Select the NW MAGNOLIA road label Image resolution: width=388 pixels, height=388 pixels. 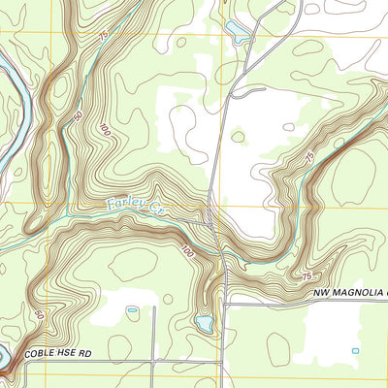pyautogui.click(x=349, y=292)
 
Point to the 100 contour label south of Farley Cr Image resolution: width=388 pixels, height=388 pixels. pyautogui.click(x=185, y=252)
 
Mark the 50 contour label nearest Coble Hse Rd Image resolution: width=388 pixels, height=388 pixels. pyautogui.click(x=40, y=315)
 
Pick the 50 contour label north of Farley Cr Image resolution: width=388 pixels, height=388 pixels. pyautogui.click(x=77, y=117)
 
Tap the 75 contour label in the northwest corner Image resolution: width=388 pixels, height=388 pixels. pyautogui.click(x=103, y=36)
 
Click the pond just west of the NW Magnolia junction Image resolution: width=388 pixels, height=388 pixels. pyautogui.click(x=204, y=322)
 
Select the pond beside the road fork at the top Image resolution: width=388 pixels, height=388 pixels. pyautogui.click(x=238, y=29)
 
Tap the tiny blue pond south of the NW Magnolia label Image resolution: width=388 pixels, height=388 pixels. pyautogui.click(x=355, y=349)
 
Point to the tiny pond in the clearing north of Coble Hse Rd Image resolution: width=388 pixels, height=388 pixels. pyautogui.click(x=132, y=310)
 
